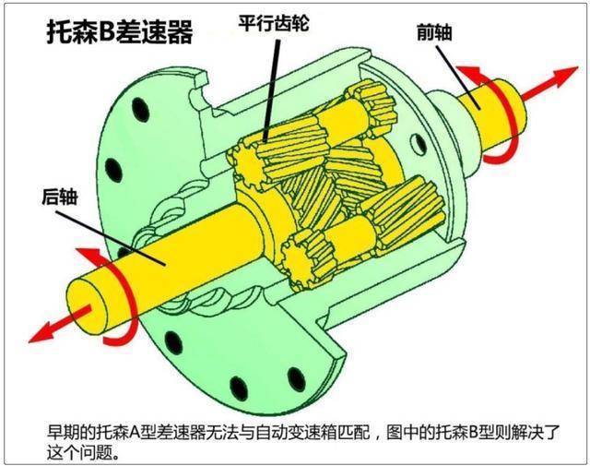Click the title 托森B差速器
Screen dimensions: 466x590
coord(120,35)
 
